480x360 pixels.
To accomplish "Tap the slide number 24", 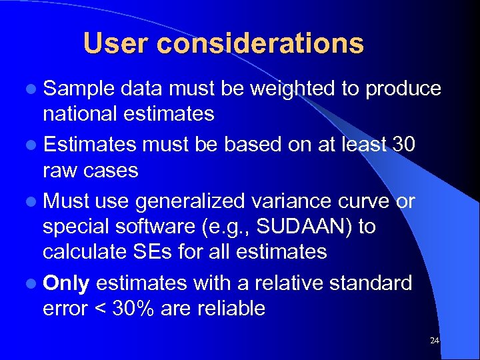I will coord(435,341).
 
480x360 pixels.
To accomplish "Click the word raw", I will coord(59,170).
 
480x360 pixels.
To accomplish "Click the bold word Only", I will coord(66,283).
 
